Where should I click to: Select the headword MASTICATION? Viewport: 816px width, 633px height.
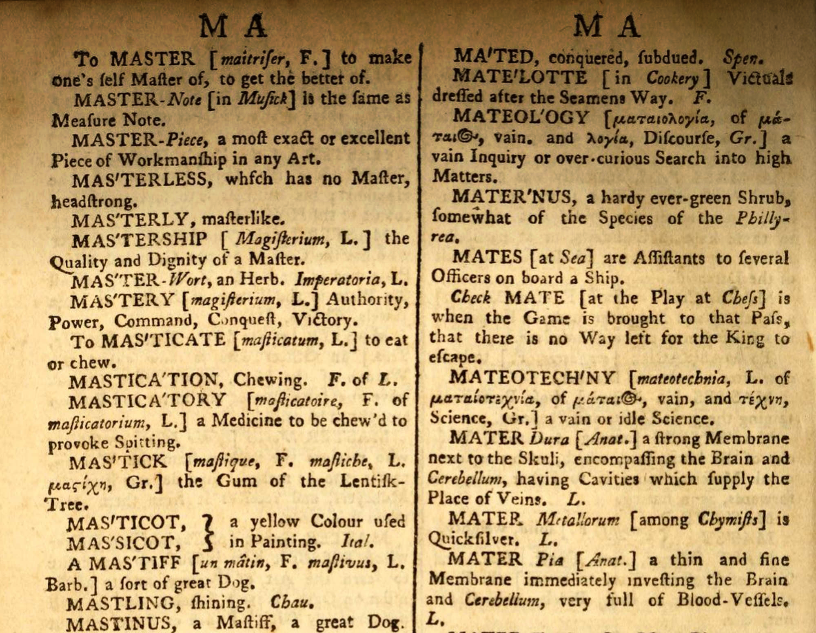pyautogui.click(x=145, y=381)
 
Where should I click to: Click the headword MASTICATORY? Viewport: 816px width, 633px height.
pyautogui.click(x=147, y=400)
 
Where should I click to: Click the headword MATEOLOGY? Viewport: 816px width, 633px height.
pyautogui.click(x=521, y=117)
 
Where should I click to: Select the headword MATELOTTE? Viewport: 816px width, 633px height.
pyautogui.click(x=520, y=77)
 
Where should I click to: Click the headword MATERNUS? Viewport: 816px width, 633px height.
pyautogui.click(x=514, y=197)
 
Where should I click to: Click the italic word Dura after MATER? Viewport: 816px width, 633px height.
pyautogui.click(x=549, y=439)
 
